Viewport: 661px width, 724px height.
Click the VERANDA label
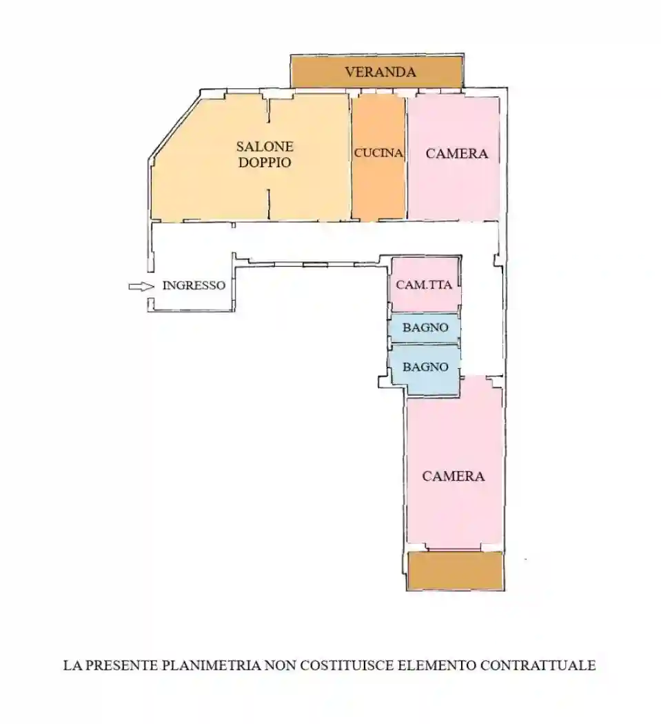[x=380, y=72]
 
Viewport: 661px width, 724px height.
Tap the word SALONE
[x=265, y=146]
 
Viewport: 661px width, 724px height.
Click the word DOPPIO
[x=265, y=163]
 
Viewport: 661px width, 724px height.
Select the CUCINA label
[x=378, y=153]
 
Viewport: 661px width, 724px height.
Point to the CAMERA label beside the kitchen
[x=456, y=153]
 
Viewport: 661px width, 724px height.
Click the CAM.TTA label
[x=424, y=285]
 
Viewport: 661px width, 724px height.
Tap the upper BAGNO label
[x=425, y=328]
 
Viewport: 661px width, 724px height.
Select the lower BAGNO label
[x=425, y=367]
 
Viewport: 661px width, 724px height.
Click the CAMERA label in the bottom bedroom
[x=454, y=476]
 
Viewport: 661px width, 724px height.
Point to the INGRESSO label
[x=194, y=285]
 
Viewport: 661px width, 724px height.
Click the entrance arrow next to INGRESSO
[x=141, y=287]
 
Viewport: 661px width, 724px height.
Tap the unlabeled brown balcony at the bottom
[x=456, y=571]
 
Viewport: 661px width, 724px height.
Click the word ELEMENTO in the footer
[x=437, y=665]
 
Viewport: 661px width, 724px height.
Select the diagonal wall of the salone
[x=174, y=125]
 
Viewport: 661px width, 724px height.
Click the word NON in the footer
[x=281, y=665]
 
